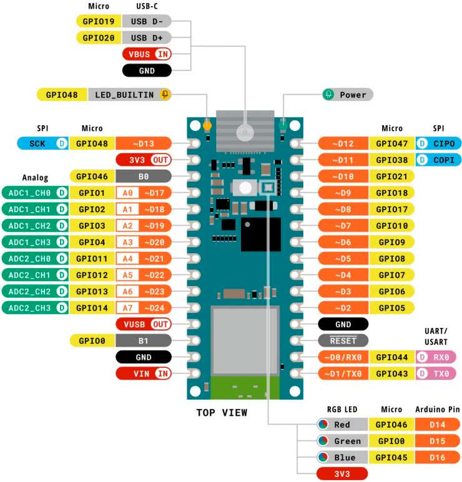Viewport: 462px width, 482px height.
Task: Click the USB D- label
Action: click(147, 21)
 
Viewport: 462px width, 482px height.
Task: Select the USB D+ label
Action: click(147, 37)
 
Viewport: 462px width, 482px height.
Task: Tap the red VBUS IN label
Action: click(147, 54)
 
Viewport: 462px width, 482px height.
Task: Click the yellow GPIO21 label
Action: click(392, 176)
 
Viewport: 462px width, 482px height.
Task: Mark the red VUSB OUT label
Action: click(144, 324)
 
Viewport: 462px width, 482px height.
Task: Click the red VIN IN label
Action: click(144, 374)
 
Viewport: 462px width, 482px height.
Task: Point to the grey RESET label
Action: click(343, 340)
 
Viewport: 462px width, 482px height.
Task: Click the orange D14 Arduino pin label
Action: click(437, 425)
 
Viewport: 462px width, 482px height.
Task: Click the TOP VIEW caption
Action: click(222, 412)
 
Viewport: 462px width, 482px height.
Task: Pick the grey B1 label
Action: click(144, 340)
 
